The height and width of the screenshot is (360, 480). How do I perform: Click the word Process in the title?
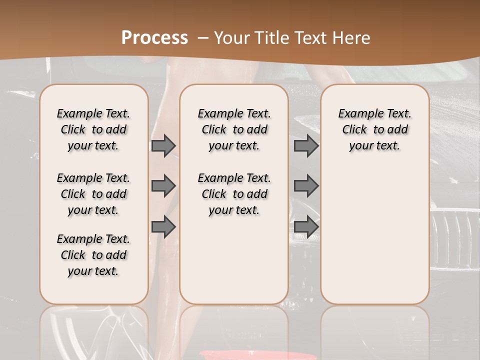154,38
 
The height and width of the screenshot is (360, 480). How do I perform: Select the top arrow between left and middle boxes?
163,145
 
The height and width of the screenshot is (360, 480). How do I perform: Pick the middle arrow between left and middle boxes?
163,186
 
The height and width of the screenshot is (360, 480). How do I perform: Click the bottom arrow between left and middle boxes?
163,227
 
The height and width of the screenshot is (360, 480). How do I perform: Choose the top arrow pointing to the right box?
306,145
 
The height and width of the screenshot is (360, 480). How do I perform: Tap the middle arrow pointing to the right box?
306,186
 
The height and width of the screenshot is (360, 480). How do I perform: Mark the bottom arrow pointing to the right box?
306,227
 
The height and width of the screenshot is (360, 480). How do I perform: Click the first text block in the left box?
93,129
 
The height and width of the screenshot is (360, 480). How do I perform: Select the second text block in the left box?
93,194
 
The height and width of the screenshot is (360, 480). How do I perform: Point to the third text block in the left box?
93,255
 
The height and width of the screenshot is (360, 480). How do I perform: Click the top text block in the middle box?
234,129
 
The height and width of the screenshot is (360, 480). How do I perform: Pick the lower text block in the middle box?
234,194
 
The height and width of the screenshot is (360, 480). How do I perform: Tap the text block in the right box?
374,129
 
